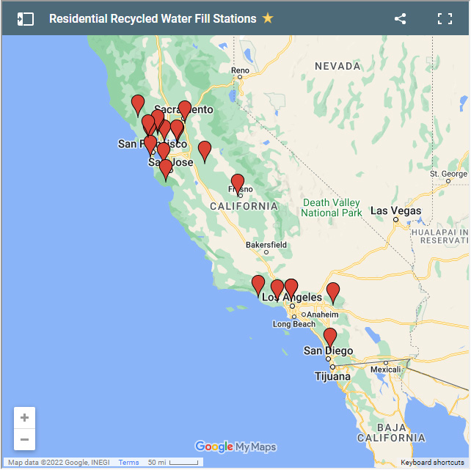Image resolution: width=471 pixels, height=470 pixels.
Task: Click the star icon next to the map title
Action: pos(268,18)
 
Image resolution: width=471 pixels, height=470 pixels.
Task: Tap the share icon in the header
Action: pos(400,19)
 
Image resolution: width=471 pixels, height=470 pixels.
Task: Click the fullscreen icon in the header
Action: pos(445,19)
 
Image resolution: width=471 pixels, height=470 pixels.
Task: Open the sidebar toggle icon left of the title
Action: pos(26,19)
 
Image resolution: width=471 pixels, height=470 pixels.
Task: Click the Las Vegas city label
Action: pos(396,210)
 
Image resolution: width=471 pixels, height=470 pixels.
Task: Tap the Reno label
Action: pos(240,71)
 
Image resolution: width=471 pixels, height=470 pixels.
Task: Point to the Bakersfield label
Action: pos(266,244)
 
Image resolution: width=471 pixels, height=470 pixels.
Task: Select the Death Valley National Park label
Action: pos(332,208)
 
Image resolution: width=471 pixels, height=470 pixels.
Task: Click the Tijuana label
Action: pos(332,376)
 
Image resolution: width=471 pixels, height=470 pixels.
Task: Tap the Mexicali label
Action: pos(385,370)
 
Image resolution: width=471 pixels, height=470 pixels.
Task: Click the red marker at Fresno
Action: pos(238,183)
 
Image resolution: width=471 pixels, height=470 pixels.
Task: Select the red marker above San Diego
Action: pos(330,337)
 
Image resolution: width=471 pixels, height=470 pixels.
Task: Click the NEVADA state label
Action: pos(337,66)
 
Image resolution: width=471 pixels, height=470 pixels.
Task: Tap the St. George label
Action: pos(449,174)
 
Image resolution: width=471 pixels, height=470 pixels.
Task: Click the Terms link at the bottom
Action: pos(128,463)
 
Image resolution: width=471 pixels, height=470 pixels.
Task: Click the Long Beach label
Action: pos(293,323)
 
